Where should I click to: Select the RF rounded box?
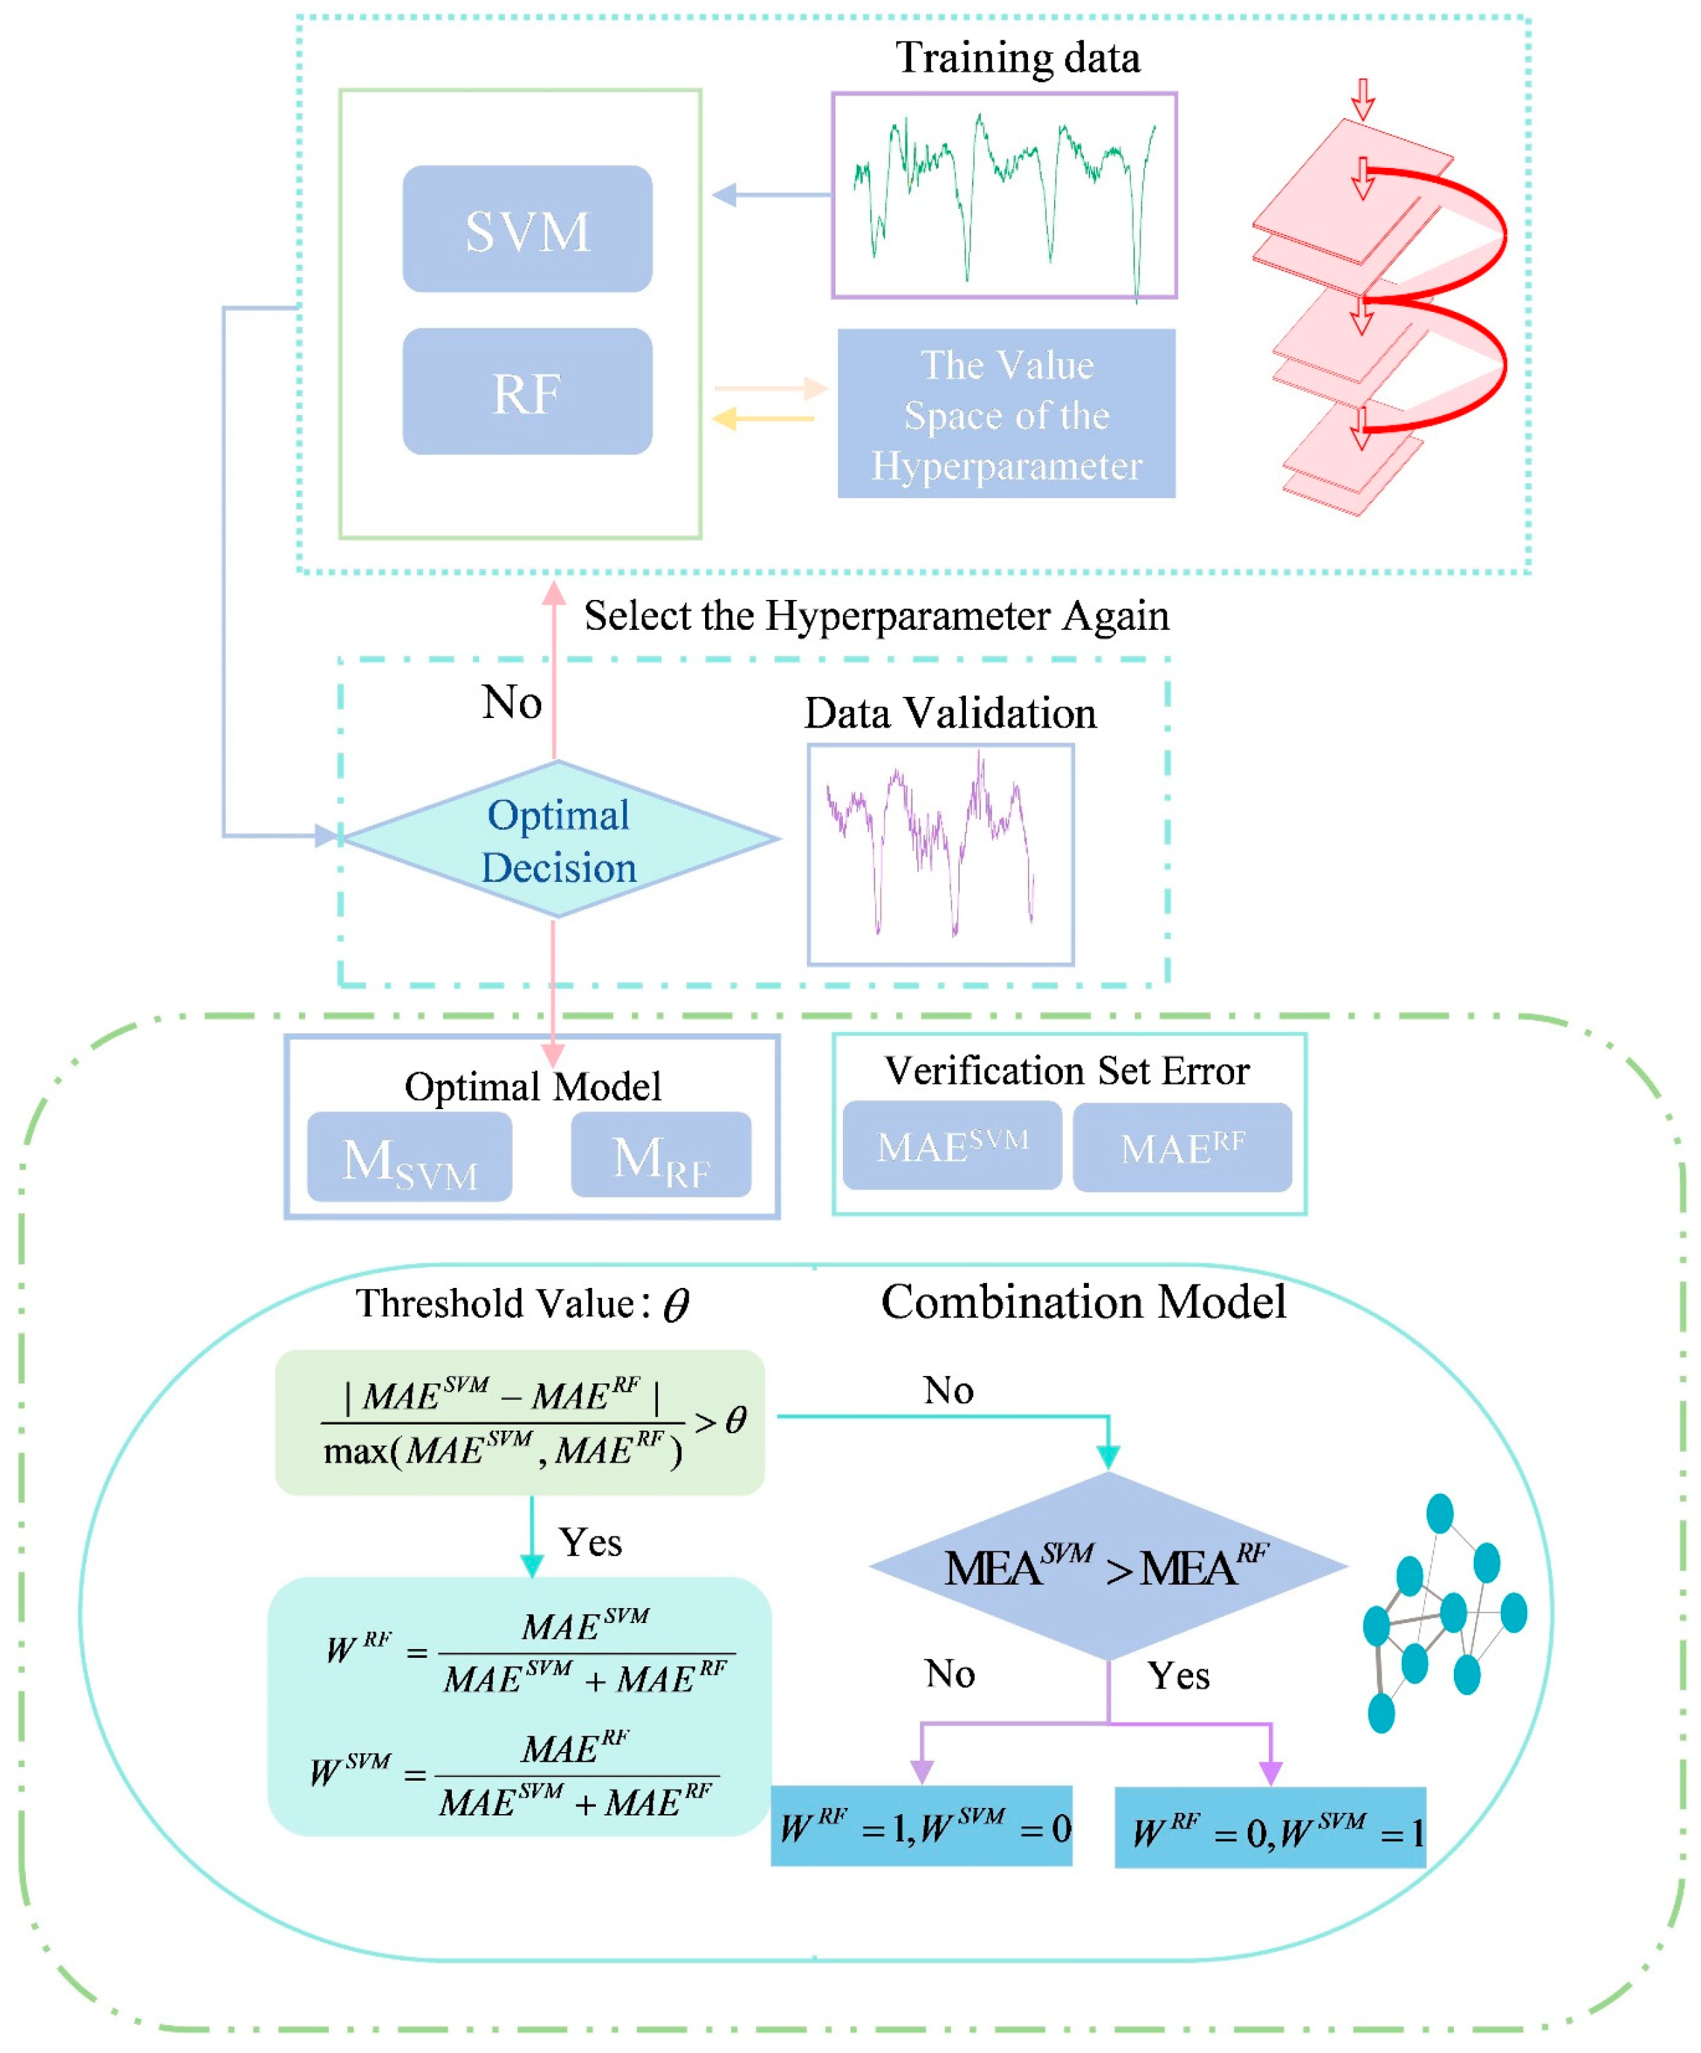[x=527, y=391]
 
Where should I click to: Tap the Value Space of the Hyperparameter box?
[x=1006, y=414]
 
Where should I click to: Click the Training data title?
[x=1018, y=58]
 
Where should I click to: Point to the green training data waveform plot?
[x=1004, y=195]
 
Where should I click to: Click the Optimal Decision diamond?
[x=559, y=839]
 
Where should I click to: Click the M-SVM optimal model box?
[x=409, y=1158]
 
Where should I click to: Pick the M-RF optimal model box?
[x=661, y=1155]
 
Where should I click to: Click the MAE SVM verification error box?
[x=952, y=1145]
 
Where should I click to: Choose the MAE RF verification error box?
[x=1182, y=1147]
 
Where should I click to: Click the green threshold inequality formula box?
[x=518, y=1422]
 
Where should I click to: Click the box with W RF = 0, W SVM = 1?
[x=1269, y=1828]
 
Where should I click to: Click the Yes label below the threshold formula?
[x=590, y=1542]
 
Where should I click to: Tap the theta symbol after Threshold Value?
[x=676, y=1305]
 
